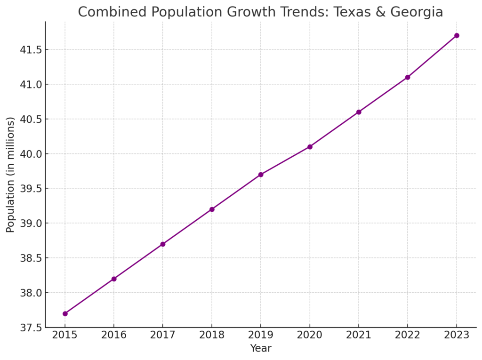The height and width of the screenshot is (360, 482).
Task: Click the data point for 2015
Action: [65, 313]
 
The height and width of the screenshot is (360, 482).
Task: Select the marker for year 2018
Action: [212, 209]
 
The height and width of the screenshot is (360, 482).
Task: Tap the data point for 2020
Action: [310, 147]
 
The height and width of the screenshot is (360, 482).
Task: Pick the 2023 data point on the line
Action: [457, 35]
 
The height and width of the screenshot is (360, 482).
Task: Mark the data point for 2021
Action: [359, 112]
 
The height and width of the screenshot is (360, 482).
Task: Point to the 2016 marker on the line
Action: [114, 279]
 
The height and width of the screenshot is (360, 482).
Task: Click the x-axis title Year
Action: [261, 349]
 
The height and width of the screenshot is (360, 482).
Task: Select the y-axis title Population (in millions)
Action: [10, 175]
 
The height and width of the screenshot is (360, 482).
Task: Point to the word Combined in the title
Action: [105, 12]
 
